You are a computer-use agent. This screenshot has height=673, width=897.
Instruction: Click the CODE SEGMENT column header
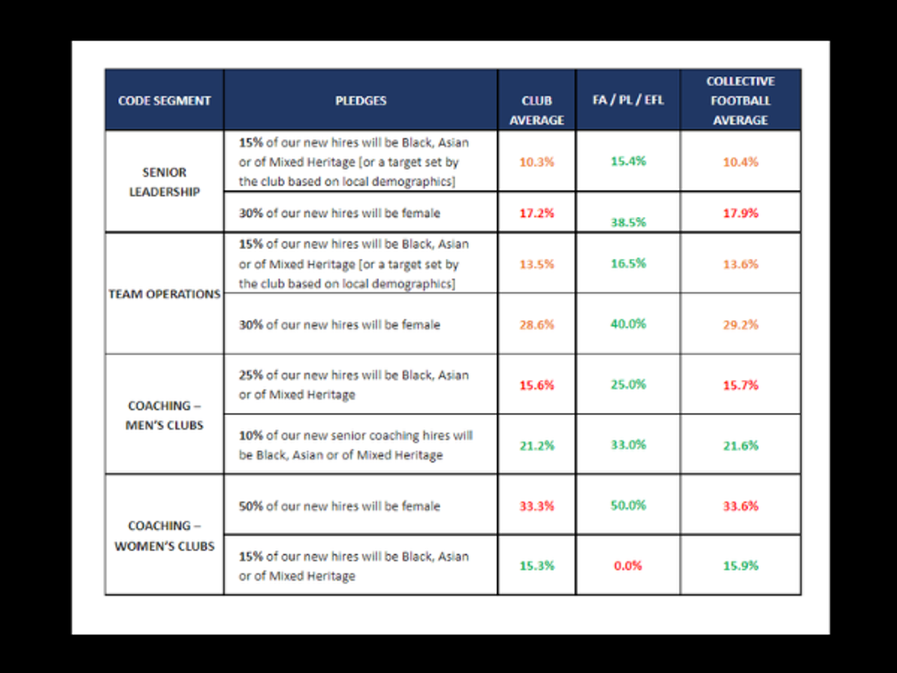165,101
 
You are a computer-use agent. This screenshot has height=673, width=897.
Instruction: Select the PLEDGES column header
361,101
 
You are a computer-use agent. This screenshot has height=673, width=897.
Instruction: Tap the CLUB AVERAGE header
536,111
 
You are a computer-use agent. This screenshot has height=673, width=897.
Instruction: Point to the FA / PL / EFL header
628,100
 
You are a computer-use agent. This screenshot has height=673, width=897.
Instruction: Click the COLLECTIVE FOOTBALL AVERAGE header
740,101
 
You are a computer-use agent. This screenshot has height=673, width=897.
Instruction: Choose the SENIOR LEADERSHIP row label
165,182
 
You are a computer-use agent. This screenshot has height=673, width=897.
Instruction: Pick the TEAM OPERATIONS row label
165,295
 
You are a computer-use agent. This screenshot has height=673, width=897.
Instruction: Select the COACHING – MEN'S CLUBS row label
165,415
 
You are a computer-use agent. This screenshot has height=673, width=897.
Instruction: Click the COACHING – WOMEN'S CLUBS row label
165,536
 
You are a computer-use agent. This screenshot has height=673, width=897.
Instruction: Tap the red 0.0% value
628,566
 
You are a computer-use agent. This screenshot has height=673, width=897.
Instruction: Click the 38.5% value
628,222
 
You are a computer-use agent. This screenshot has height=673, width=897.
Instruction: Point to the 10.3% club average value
536,161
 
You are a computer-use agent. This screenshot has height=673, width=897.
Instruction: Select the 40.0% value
628,324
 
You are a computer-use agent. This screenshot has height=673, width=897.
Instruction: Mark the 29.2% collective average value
740,324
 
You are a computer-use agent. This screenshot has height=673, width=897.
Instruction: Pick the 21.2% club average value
536,445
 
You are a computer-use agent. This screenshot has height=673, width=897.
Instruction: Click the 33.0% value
628,445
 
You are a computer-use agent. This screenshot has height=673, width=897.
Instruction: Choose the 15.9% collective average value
740,566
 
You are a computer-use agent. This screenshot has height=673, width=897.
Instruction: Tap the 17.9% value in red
740,213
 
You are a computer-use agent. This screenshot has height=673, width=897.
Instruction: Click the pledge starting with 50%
340,506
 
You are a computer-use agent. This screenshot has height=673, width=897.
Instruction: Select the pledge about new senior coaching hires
355,445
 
